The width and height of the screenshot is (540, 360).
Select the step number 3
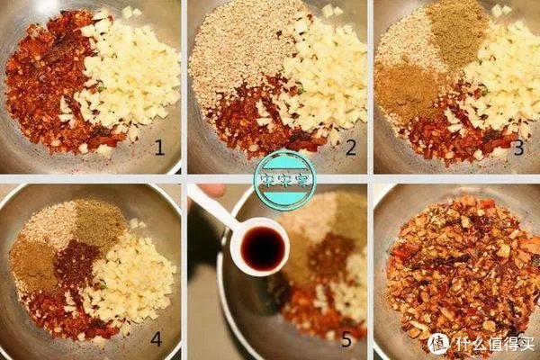519,148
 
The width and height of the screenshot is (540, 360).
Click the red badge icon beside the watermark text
438,343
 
